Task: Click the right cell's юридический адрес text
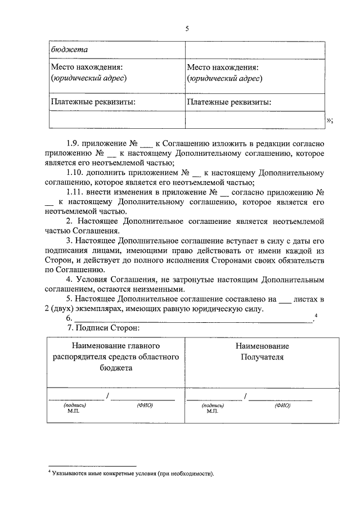point(225,79)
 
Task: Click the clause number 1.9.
point(74,144)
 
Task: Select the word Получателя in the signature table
point(262,357)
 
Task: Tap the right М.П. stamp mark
point(212,411)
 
